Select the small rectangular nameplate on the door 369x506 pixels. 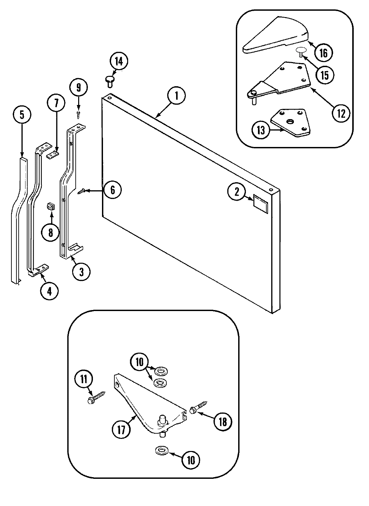tap(261, 204)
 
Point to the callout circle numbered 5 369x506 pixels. tap(22, 115)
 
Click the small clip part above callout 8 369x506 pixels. tap(50, 206)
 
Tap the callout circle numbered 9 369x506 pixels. tap(78, 88)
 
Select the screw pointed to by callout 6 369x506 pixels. tap(82, 191)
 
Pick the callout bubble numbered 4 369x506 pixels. tap(49, 291)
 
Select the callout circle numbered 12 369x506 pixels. tap(341, 113)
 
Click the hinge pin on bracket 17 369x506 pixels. tap(163, 419)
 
